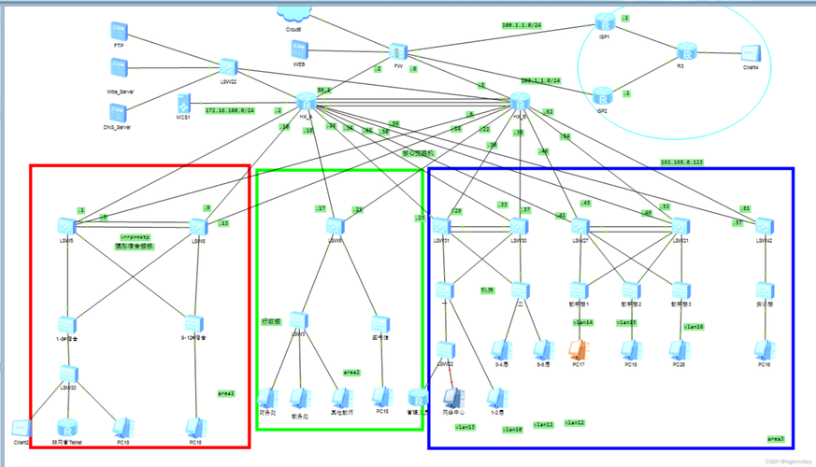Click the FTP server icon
click(119, 31)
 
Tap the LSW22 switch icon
click(227, 67)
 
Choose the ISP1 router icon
click(608, 22)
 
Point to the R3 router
click(687, 51)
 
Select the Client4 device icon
click(750, 54)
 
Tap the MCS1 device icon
click(183, 102)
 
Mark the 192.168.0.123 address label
click(682, 162)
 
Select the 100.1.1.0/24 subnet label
click(523, 25)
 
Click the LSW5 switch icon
click(65, 225)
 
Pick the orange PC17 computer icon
click(578, 349)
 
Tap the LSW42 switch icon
click(764, 225)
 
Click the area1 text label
click(226, 393)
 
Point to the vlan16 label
click(694, 327)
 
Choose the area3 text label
click(776, 438)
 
